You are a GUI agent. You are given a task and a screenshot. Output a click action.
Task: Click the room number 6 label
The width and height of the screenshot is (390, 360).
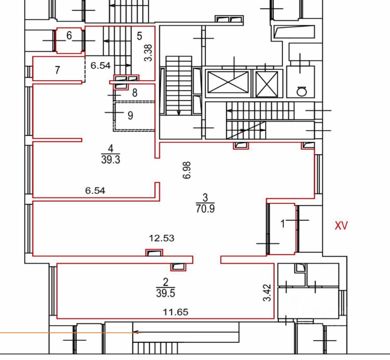69,35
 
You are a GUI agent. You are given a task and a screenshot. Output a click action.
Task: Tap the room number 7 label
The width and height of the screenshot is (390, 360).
58,70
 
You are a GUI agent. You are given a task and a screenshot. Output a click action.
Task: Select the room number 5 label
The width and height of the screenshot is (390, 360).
139,36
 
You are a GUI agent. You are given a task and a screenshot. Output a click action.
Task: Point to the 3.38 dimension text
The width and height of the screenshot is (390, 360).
149,53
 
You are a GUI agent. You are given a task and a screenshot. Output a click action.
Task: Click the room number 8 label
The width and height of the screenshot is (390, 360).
135,93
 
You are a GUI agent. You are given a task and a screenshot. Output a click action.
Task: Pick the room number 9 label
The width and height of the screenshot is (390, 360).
130,115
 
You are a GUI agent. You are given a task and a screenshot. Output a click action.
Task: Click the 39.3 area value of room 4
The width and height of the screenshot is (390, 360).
111,160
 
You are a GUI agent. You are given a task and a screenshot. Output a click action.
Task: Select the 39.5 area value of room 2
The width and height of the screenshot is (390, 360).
166,293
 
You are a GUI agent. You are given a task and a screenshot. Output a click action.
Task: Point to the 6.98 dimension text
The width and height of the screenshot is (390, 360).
187,170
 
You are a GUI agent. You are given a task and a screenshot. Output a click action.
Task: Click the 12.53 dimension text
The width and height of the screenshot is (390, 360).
161,238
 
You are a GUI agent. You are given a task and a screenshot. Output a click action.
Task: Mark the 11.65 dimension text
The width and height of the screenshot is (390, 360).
176,312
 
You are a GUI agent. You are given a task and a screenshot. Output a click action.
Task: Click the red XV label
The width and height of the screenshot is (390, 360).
341,226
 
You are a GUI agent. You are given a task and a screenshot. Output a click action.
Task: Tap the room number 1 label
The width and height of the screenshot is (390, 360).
283,224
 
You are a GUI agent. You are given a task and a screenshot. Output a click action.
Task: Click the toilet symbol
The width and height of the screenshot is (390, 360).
301,91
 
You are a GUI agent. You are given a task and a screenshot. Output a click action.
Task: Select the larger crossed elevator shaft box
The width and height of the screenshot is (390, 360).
228,82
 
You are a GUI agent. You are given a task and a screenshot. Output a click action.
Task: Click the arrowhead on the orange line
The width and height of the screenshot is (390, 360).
136,332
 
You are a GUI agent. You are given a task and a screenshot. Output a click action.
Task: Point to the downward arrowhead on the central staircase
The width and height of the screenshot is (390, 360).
179,113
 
